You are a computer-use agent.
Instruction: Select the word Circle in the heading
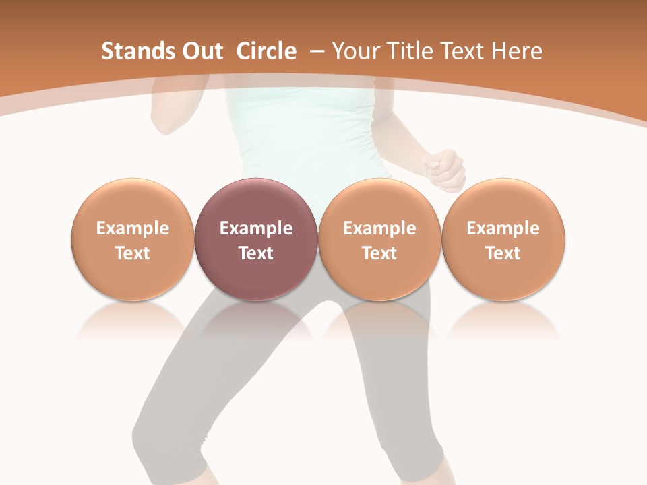266,51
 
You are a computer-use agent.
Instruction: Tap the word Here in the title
516,51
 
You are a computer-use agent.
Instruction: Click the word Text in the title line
462,51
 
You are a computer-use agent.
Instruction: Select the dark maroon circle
256,239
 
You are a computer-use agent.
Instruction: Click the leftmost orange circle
133,239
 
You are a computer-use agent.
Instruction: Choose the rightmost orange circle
503,239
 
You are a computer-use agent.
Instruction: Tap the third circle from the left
379,239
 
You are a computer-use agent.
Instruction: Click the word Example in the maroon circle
256,228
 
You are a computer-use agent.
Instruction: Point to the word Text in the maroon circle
256,253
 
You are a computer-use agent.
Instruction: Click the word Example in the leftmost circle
133,228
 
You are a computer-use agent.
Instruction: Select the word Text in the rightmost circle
503,253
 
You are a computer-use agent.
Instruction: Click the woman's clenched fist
444,170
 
